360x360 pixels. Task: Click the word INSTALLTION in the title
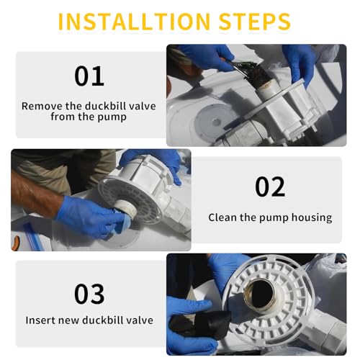(x=134, y=22)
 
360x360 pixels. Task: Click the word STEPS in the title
(x=255, y=22)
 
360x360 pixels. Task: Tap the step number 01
(x=89, y=76)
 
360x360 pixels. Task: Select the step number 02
(x=270, y=186)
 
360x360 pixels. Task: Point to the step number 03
(x=89, y=294)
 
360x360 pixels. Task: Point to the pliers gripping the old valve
(x=236, y=68)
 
